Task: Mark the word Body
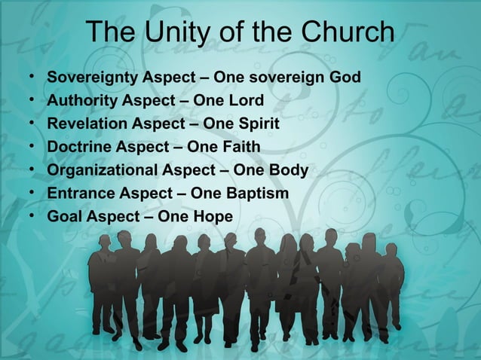pos(289,170)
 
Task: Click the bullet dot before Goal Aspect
pos(30,217)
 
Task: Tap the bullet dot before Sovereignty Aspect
pos(30,77)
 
